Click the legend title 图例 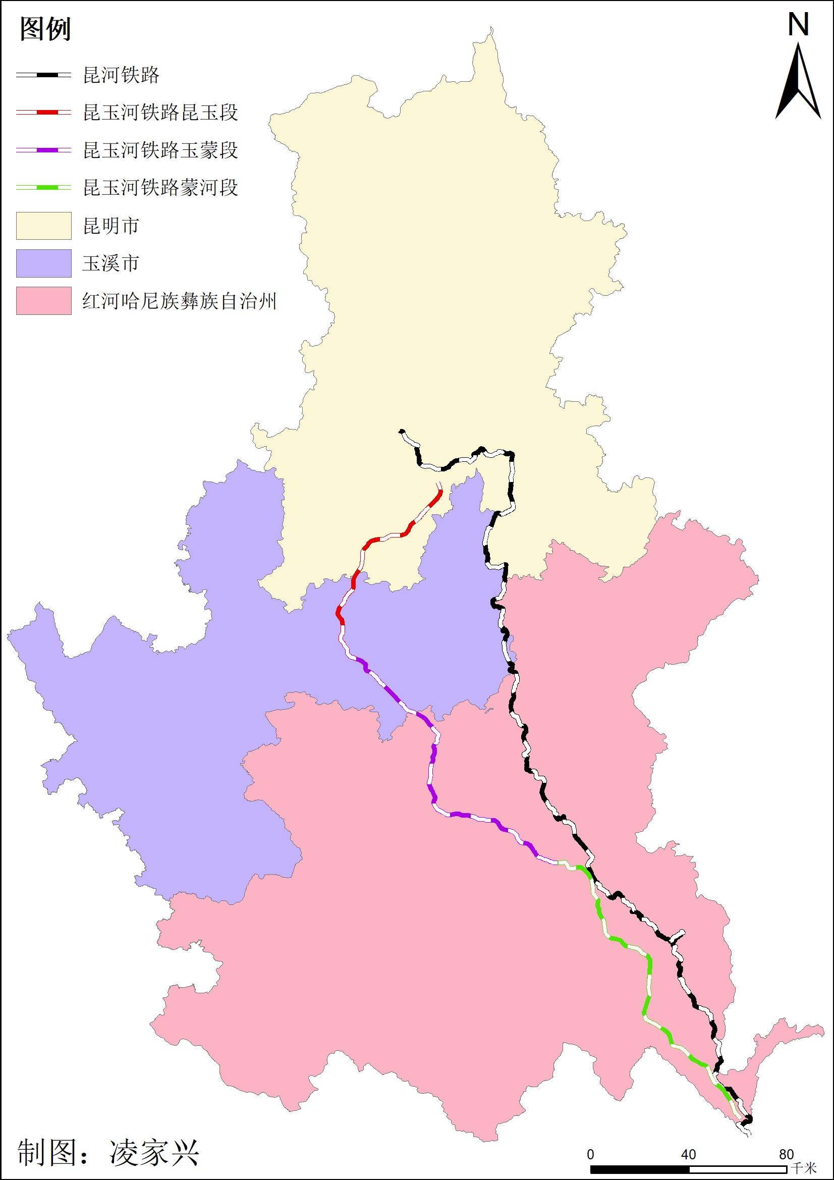[x=45, y=29]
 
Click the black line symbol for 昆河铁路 [x=44, y=75]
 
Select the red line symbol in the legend [x=44, y=112]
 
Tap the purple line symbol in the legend [x=44, y=150]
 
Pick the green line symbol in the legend [x=44, y=188]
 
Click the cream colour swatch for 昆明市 [x=44, y=226]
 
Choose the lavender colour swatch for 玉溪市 [x=44, y=263]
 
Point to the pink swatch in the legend [x=44, y=301]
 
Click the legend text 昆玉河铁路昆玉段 [x=160, y=113]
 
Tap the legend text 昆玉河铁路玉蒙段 [x=160, y=150]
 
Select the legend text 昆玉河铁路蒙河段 [x=160, y=188]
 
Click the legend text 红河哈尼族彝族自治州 [x=179, y=301]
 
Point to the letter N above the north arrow [x=798, y=25]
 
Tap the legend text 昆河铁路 [x=121, y=75]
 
